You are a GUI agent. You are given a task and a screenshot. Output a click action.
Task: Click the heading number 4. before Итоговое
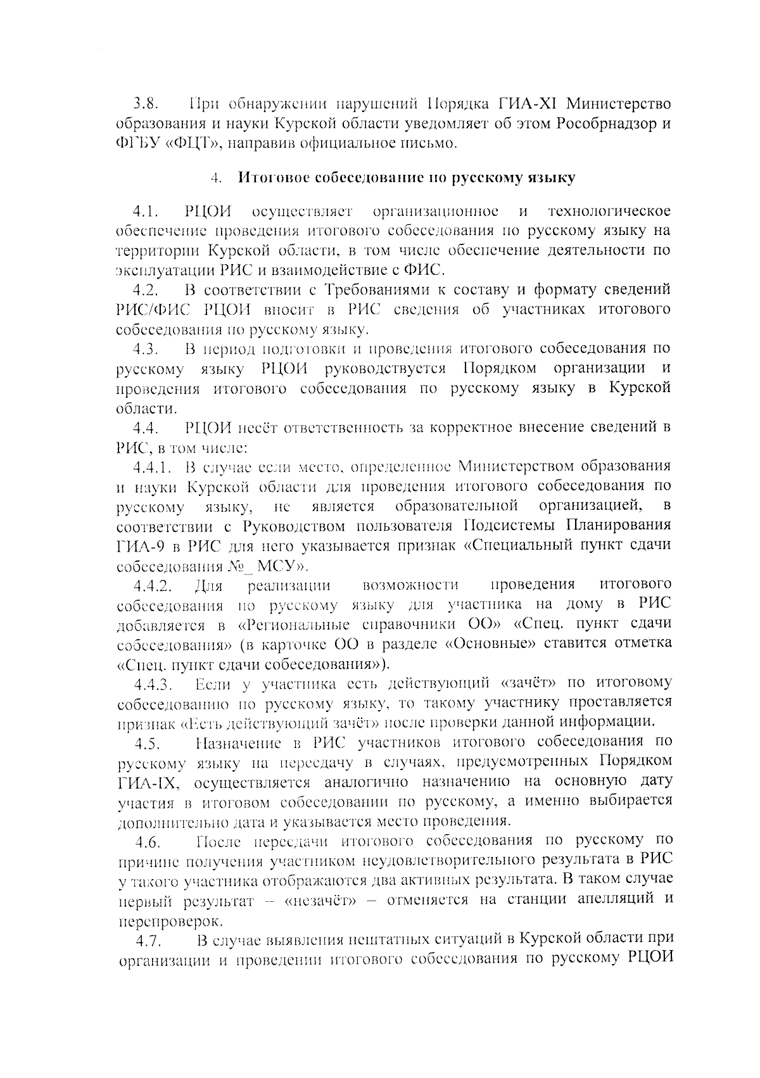tap(217, 179)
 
